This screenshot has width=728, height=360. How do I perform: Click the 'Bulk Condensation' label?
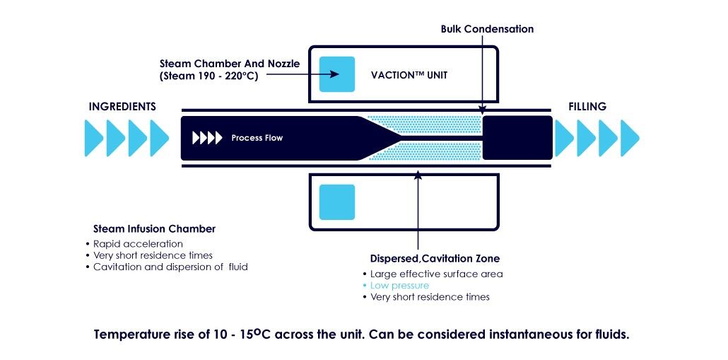point(487,29)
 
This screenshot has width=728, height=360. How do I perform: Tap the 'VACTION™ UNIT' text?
point(409,75)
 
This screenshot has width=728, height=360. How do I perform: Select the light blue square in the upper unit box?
point(337,74)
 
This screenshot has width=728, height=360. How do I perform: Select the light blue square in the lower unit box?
point(337,202)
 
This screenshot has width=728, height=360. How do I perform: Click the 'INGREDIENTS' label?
point(122,107)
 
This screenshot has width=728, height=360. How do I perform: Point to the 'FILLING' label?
point(587,107)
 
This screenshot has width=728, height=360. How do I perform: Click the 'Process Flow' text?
point(257,138)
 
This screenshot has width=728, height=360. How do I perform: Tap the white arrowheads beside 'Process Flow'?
point(207,138)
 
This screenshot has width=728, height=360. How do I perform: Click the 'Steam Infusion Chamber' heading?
point(154,229)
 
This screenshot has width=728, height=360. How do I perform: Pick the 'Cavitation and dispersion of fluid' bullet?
point(170,267)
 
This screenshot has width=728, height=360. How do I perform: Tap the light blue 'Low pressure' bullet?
point(399,286)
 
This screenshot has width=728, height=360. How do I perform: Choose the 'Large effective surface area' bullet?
point(436,274)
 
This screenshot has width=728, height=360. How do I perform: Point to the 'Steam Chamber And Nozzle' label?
point(230,64)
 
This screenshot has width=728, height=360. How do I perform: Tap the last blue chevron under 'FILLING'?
point(629,138)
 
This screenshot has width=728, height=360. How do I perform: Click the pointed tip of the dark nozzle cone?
point(398,138)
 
